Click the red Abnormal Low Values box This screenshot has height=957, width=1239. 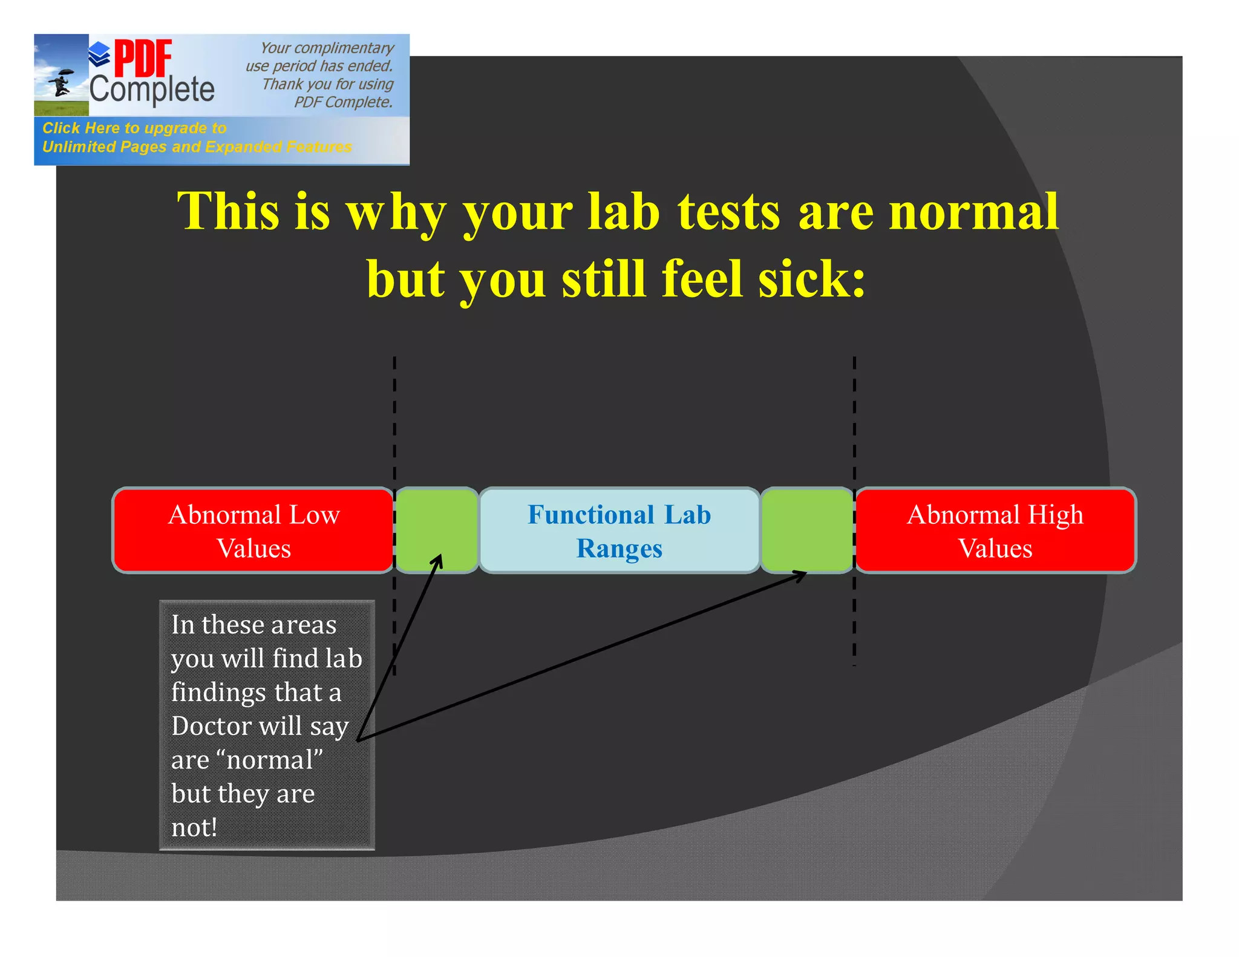(253, 531)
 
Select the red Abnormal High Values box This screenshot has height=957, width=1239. (995, 531)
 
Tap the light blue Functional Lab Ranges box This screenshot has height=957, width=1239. (619, 531)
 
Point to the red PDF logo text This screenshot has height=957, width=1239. (143, 59)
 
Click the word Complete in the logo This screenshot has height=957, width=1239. (152, 90)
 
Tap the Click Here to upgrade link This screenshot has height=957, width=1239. (134, 128)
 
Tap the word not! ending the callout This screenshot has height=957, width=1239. (194, 827)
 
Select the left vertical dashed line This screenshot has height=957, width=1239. (394, 423)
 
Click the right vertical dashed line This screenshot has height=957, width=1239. (854, 423)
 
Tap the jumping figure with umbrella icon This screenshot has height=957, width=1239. (61, 82)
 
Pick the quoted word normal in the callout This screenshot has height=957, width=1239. (273, 759)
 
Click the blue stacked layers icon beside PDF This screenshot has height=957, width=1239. (99, 54)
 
